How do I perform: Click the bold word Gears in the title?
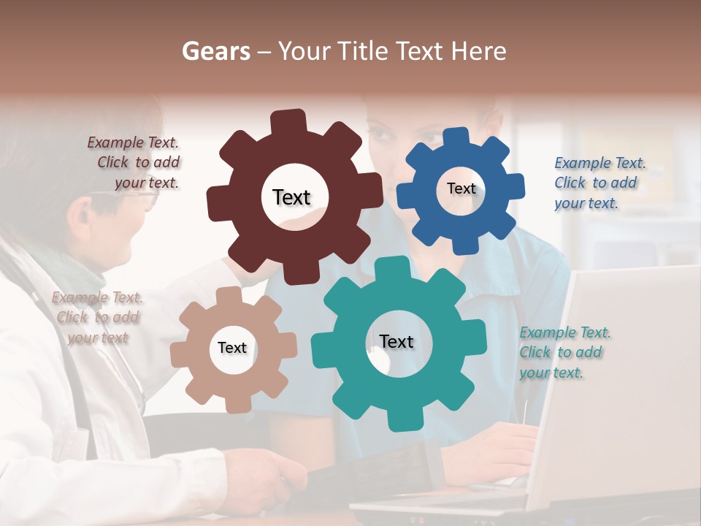215,51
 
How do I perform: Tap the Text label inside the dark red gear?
291,197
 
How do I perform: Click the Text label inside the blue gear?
461,188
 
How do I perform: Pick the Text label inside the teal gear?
397,341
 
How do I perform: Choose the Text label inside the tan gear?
232,348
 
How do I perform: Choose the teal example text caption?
564,352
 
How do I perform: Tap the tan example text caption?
97,317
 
